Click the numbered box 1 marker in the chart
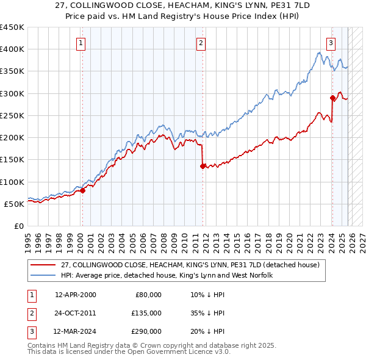[81, 43]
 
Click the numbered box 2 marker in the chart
[201, 43]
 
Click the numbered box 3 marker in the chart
[331, 43]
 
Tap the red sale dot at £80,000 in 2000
[83, 190]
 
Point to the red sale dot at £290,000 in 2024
[332, 98]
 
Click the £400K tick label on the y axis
[12, 49]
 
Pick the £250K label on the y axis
[12, 115]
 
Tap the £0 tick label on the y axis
[18, 226]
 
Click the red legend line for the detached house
[43, 265]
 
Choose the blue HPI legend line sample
[43, 275]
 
